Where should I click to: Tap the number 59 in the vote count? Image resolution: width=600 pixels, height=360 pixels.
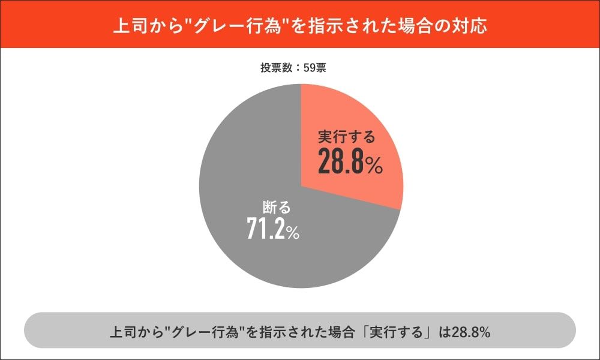(x=310, y=68)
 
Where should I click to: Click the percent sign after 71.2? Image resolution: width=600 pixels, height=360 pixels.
(x=292, y=233)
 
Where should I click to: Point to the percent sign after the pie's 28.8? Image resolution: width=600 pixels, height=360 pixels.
(x=374, y=166)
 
